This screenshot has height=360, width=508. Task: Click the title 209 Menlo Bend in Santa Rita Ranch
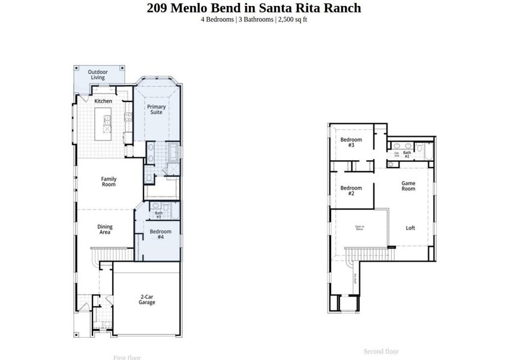254,8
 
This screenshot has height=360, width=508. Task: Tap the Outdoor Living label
98,74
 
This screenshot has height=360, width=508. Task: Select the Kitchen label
103,101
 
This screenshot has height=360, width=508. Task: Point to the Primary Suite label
157,109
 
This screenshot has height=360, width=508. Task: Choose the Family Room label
109,181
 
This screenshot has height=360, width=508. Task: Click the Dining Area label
105,230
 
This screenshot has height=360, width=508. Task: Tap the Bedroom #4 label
160,234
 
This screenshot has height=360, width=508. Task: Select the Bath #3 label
159,214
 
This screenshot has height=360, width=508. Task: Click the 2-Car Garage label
147,299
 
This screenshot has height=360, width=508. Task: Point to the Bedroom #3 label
351,142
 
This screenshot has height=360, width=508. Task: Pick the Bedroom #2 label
351,190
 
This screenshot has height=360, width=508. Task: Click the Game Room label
408,186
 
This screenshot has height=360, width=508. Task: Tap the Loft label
410,228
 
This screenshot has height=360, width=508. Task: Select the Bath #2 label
407,154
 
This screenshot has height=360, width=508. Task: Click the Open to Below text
359,227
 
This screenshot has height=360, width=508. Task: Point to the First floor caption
127,358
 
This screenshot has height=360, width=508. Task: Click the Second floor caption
381,351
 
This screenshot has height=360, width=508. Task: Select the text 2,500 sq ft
293,19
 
